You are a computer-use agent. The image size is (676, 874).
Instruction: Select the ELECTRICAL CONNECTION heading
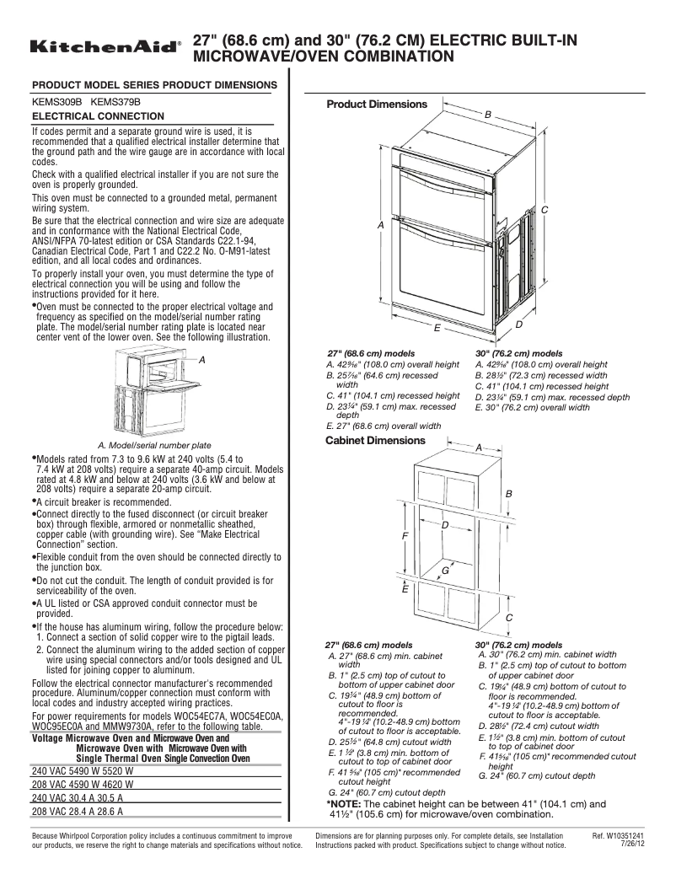point(98,115)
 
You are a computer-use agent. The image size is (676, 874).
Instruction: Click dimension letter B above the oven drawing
point(487,113)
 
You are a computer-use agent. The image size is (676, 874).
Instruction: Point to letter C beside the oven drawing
point(545,209)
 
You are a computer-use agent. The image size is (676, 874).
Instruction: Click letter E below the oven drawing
point(437,326)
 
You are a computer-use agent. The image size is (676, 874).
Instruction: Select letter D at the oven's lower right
point(519,324)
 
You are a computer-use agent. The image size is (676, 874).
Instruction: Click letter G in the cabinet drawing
point(444,571)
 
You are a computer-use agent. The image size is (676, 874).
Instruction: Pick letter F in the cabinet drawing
point(405,535)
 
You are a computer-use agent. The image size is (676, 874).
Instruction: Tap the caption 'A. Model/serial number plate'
point(155,445)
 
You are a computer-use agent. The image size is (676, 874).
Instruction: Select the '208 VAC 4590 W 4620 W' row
point(83,782)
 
